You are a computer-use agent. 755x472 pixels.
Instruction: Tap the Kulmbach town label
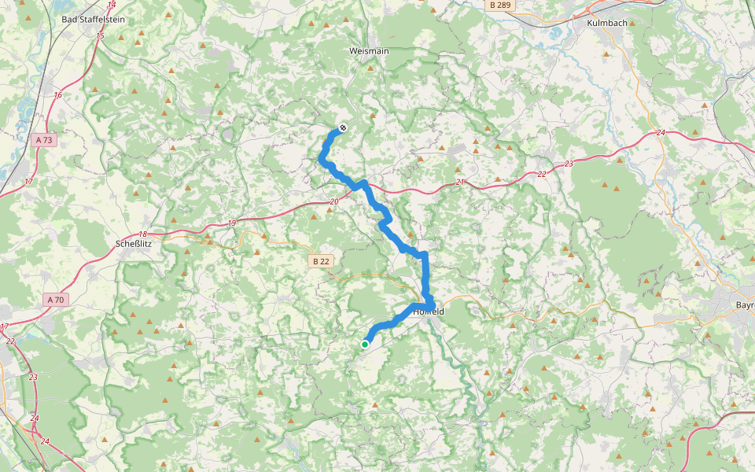pyautogui.click(x=606, y=23)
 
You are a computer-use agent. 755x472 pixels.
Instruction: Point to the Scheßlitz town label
pyautogui.click(x=133, y=244)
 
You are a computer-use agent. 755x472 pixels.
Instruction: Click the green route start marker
pyautogui.click(x=366, y=344)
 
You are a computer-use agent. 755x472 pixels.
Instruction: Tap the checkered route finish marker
pyautogui.click(x=343, y=128)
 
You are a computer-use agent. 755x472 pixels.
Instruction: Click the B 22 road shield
pyautogui.click(x=321, y=260)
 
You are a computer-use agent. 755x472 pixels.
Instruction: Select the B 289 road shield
pyautogui.click(x=499, y=5)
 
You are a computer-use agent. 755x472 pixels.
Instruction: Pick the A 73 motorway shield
pyautogui.click(x=45, y=140)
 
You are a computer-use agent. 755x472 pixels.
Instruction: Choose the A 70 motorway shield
pyautogui.click(x=56, y=299)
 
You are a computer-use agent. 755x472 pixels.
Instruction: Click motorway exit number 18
pyautogui.click(x=142, y=234)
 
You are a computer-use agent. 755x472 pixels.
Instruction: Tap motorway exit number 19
pyautogui.click(x=231, y=223)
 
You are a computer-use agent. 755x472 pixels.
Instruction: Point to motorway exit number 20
pyautogui.click(x=333, y=202)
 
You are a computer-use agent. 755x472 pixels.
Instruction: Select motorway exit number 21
pyautogui.click(x=461, y=183)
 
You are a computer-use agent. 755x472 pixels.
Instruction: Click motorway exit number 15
pyautogui.click(x=100, y=36)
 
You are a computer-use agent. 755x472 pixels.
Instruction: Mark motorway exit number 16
pyautogui.click(x=57, y=94)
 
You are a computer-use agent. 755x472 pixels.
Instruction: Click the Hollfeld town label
pyautogui.click(x=429, y=312)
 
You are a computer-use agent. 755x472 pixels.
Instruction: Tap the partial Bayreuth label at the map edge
pyautogui.click(x=744, y=304)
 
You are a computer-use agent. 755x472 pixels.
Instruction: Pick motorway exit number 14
pyautogui.click(x=111, y=5)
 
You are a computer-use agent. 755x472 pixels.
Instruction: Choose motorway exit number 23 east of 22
pyautogui.click(x=569, y=164)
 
